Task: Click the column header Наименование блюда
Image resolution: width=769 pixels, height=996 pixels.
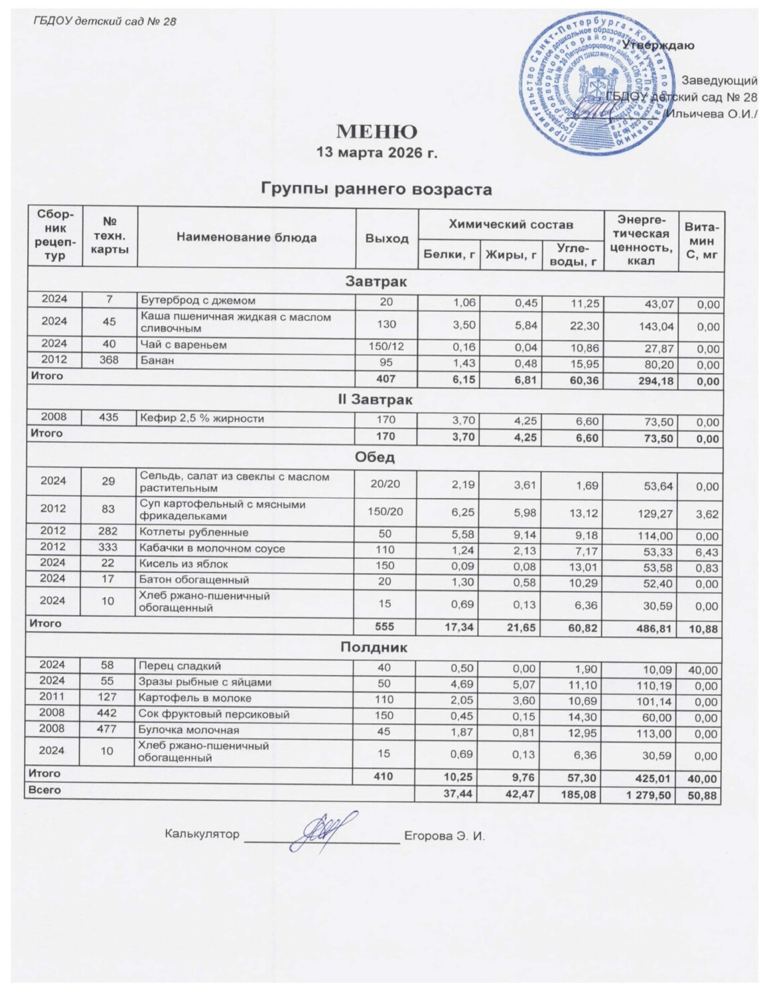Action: pos(246,238)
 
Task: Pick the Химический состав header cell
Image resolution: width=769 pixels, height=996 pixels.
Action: pos(511,224)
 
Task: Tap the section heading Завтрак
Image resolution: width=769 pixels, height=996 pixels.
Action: pos(376,282)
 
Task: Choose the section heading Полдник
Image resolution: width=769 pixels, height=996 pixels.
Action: pos(376,647)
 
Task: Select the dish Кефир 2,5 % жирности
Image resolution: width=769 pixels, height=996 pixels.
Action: pos(202,419)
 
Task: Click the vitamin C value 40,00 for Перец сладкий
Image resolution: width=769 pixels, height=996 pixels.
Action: pos(703,667)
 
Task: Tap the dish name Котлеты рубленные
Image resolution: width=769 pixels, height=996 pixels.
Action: pos(194,533)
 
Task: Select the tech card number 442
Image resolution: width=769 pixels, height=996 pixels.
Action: pos(108,714)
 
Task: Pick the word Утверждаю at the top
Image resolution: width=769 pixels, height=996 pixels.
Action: pos(658,45)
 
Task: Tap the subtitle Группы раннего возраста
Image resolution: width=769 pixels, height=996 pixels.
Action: pos(376,189)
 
